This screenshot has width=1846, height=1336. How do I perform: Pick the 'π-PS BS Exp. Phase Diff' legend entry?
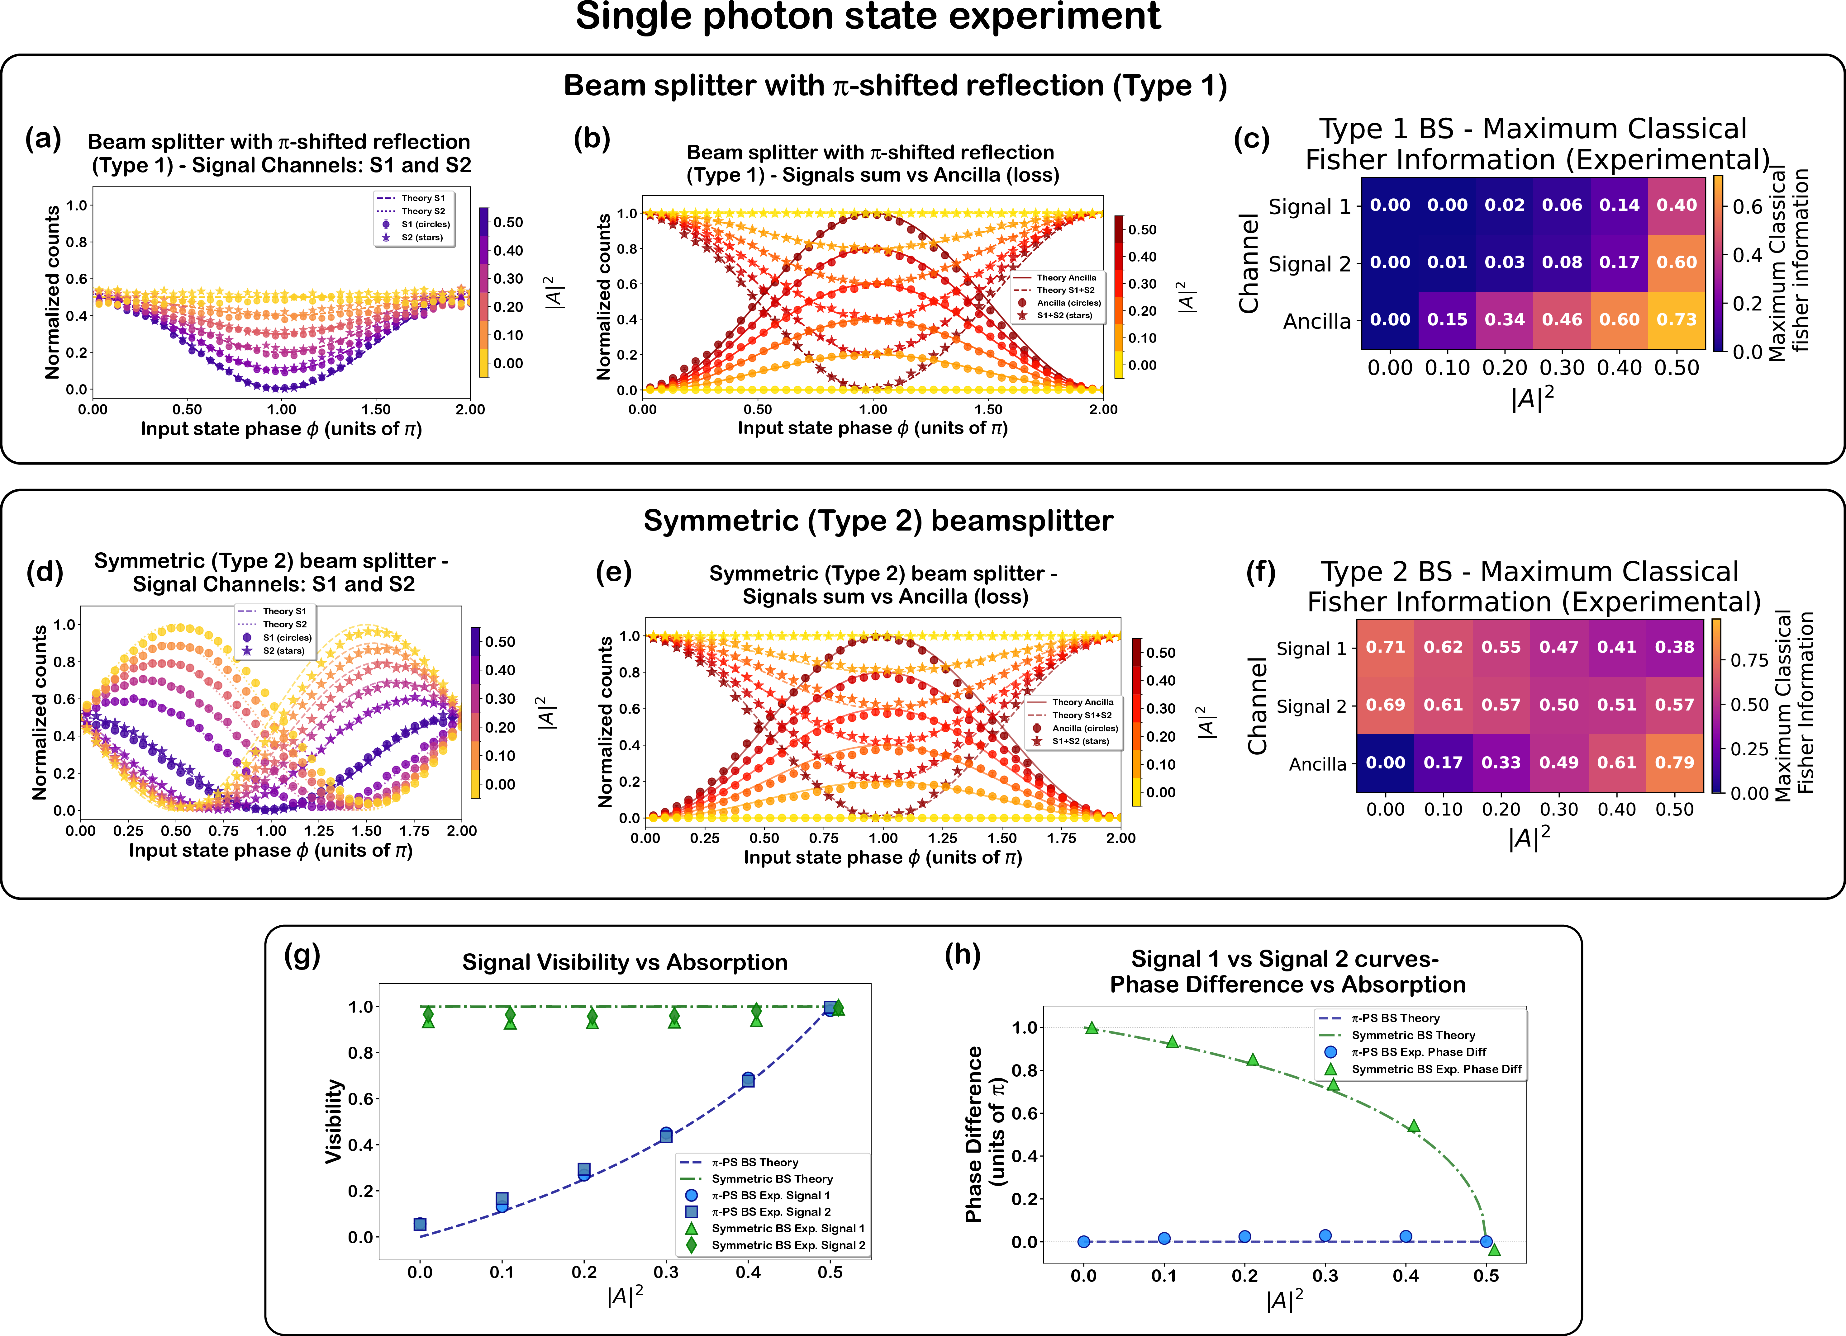[1418, 1052]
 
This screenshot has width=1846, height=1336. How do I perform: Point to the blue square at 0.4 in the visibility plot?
[748, 1080]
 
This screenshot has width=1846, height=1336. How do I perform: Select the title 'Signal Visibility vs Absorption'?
[624, 963]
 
